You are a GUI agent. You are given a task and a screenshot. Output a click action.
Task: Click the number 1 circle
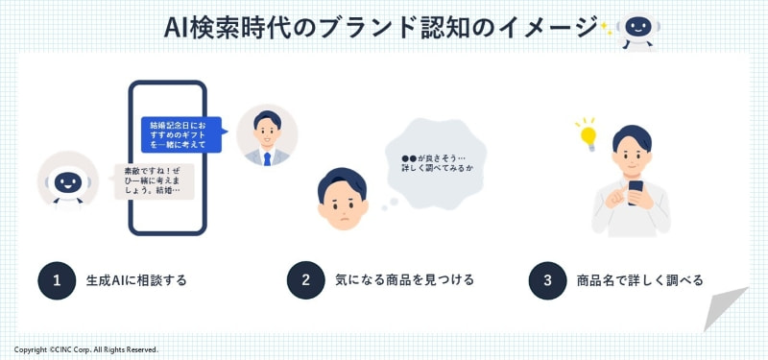[57, 280]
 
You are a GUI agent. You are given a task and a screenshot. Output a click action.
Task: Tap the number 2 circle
[305, 280]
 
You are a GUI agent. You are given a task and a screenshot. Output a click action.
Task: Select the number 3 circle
[547, 280]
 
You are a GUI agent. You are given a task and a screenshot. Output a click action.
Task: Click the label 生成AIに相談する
[136, 280]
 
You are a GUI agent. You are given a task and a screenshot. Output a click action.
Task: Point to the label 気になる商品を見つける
[404, 280]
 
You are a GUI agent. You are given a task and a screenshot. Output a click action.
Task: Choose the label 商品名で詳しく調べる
[639, 280]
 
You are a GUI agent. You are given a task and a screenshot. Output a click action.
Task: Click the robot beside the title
[635, 30]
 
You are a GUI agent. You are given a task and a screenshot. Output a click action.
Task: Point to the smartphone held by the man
[635, 189]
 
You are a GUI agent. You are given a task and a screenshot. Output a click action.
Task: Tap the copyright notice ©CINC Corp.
[86, 349]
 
